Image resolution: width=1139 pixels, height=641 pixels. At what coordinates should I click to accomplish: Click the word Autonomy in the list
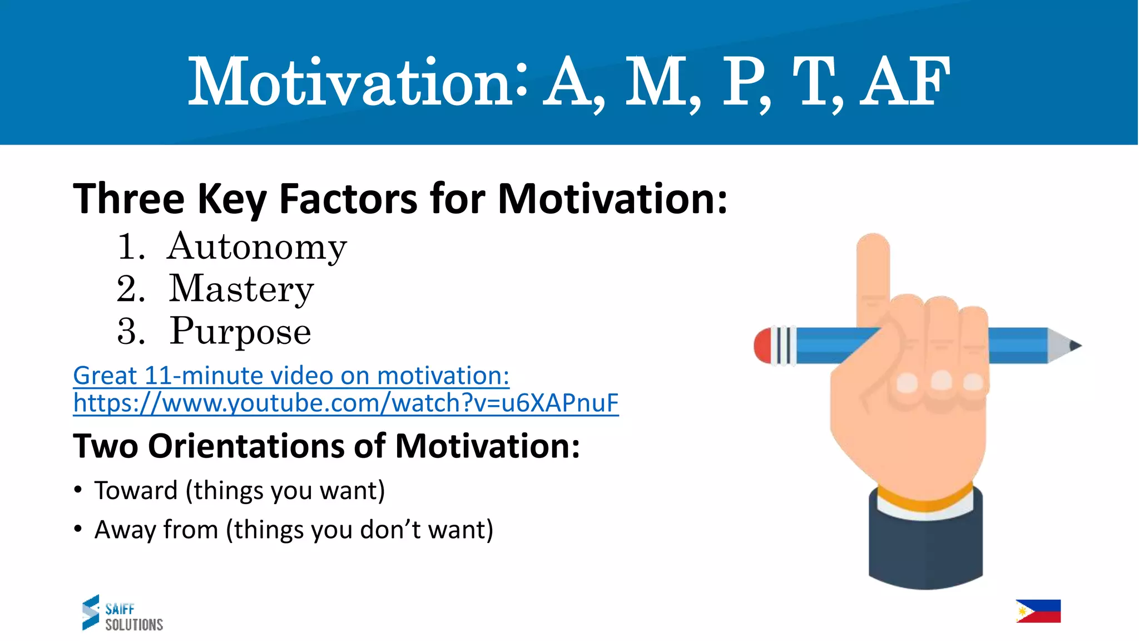[256, 247]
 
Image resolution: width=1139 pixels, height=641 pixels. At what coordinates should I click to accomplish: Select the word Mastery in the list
[241, 289]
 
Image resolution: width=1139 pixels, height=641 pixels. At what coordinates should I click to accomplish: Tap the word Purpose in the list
[240, 332]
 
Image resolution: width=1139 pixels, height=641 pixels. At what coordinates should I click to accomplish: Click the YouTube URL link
[345, 403]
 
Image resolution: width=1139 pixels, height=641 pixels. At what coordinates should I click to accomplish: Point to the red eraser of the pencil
[762, 346]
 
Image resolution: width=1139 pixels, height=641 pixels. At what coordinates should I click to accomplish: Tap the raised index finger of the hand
[873, 273]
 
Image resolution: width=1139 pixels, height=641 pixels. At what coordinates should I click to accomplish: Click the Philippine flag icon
[1038, 611]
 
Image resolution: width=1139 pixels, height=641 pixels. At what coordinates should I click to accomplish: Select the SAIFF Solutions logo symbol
[91, 612]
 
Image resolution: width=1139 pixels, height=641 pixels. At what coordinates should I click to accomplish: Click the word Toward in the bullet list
[136, 491]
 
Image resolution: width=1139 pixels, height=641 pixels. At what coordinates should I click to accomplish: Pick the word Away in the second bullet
[125, 530]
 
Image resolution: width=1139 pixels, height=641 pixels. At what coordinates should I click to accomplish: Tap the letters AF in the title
[904, 82]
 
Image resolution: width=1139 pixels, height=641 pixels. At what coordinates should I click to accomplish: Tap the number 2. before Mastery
[131, 289]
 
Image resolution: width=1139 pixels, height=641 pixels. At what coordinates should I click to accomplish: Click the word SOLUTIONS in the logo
[134, 625]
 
